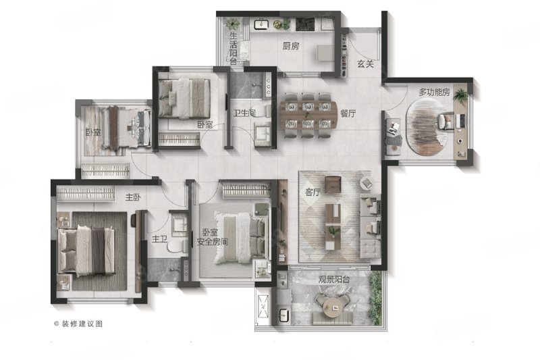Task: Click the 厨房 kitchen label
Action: [x=291, y=46]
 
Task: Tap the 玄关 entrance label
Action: [x=365, y=63]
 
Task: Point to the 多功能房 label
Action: [x=434, y=93]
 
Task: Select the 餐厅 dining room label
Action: [x=348, y=113]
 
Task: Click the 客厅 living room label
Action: [x=313, y=192]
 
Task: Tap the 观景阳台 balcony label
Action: [x=333, y=280]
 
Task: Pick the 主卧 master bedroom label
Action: [x=133, y=197]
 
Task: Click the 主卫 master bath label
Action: [x=159, y=239]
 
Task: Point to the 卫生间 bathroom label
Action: [x=244, y=113]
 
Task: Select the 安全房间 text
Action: [x=212, y=242]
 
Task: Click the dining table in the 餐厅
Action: [x=308, y=115]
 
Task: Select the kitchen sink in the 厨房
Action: [x=261, y=24]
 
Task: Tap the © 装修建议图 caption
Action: [x=78, y=324]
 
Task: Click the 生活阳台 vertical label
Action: [x=234, y=49]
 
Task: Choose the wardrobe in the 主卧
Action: [x=86, y=194]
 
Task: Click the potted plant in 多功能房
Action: [x=460, y=94]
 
